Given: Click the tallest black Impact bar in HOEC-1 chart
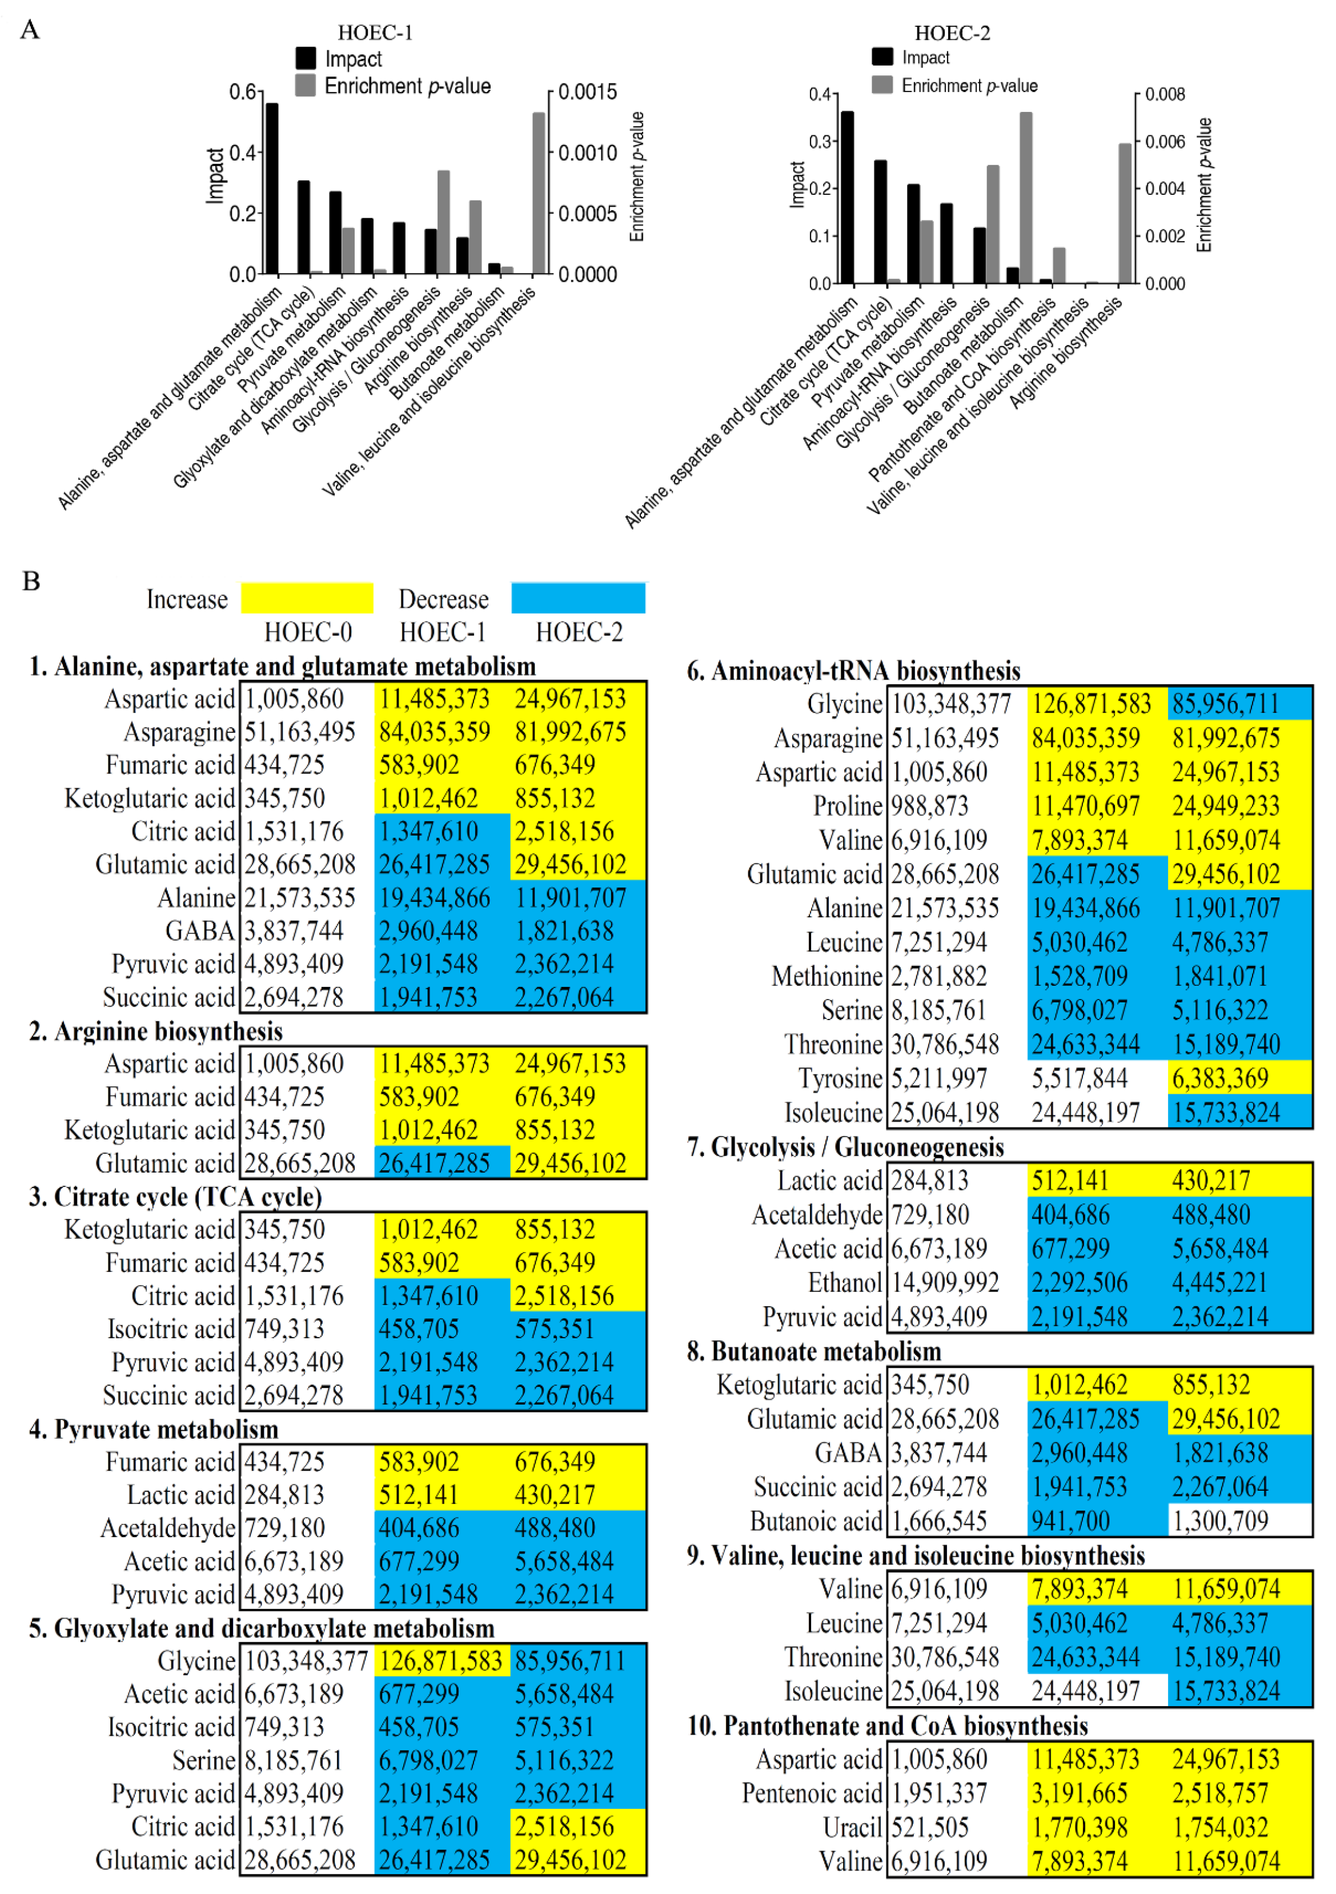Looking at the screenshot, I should coord(271,189).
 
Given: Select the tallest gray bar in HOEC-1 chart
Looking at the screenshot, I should coord(539,193).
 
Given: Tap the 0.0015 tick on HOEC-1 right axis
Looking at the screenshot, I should coord(587,91).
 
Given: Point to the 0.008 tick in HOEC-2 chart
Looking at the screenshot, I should coord(1165,94).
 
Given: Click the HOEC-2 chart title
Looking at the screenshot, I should coord(952,33).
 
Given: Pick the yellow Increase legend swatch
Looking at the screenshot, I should coord(307,598).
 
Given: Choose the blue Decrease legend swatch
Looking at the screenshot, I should coord(578,598).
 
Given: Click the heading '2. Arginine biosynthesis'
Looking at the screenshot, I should coord(156,1031).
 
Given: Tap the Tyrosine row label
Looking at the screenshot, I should coord(840,1078).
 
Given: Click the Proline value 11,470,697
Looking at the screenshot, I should coord(1085,806).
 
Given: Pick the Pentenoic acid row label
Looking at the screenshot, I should coord(812,1793).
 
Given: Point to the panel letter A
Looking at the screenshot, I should coord(30,30).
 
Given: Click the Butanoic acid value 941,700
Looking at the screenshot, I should coord(1070,1520).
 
